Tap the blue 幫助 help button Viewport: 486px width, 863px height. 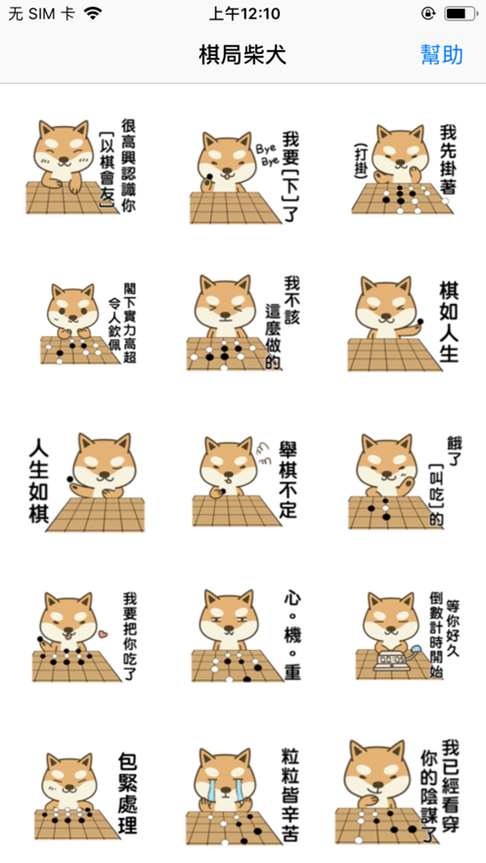click(x=441, y=55)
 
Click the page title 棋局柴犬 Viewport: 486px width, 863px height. click(x=243, y=55)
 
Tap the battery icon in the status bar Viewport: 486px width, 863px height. click(x=462, y=14)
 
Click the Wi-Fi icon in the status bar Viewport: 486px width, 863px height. click(x=94, y=14)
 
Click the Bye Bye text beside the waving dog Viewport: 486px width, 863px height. click(x=267, y=155)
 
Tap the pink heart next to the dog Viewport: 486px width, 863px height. click(x=102, y=634)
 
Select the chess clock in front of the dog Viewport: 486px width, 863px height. click(x=390, y=660)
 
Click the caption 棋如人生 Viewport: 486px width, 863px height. click(x=449, y=322)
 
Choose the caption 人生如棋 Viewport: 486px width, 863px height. click(x=39, y=479)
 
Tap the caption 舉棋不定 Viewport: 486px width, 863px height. click(x=287, y=479)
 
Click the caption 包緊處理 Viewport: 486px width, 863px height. click(x=127, y=793)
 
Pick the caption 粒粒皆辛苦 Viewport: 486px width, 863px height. click(x=289, y=795)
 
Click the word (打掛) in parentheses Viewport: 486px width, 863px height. click(x=361, y=160)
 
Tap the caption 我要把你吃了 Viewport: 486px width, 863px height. click(x=130, y=635)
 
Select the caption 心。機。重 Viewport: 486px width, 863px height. click(x=292, y=634)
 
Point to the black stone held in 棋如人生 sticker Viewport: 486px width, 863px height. click(x=420, y=322)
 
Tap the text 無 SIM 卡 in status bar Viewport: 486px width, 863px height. click(x=41, y=14)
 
